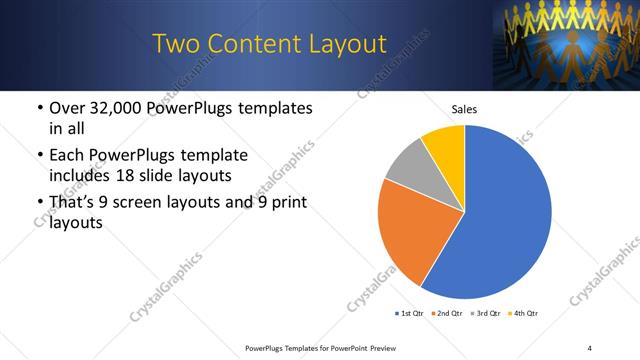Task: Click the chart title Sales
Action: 464,109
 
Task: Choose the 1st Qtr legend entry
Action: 410,314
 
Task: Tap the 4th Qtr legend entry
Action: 525,314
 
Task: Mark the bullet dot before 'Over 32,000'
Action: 39,108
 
